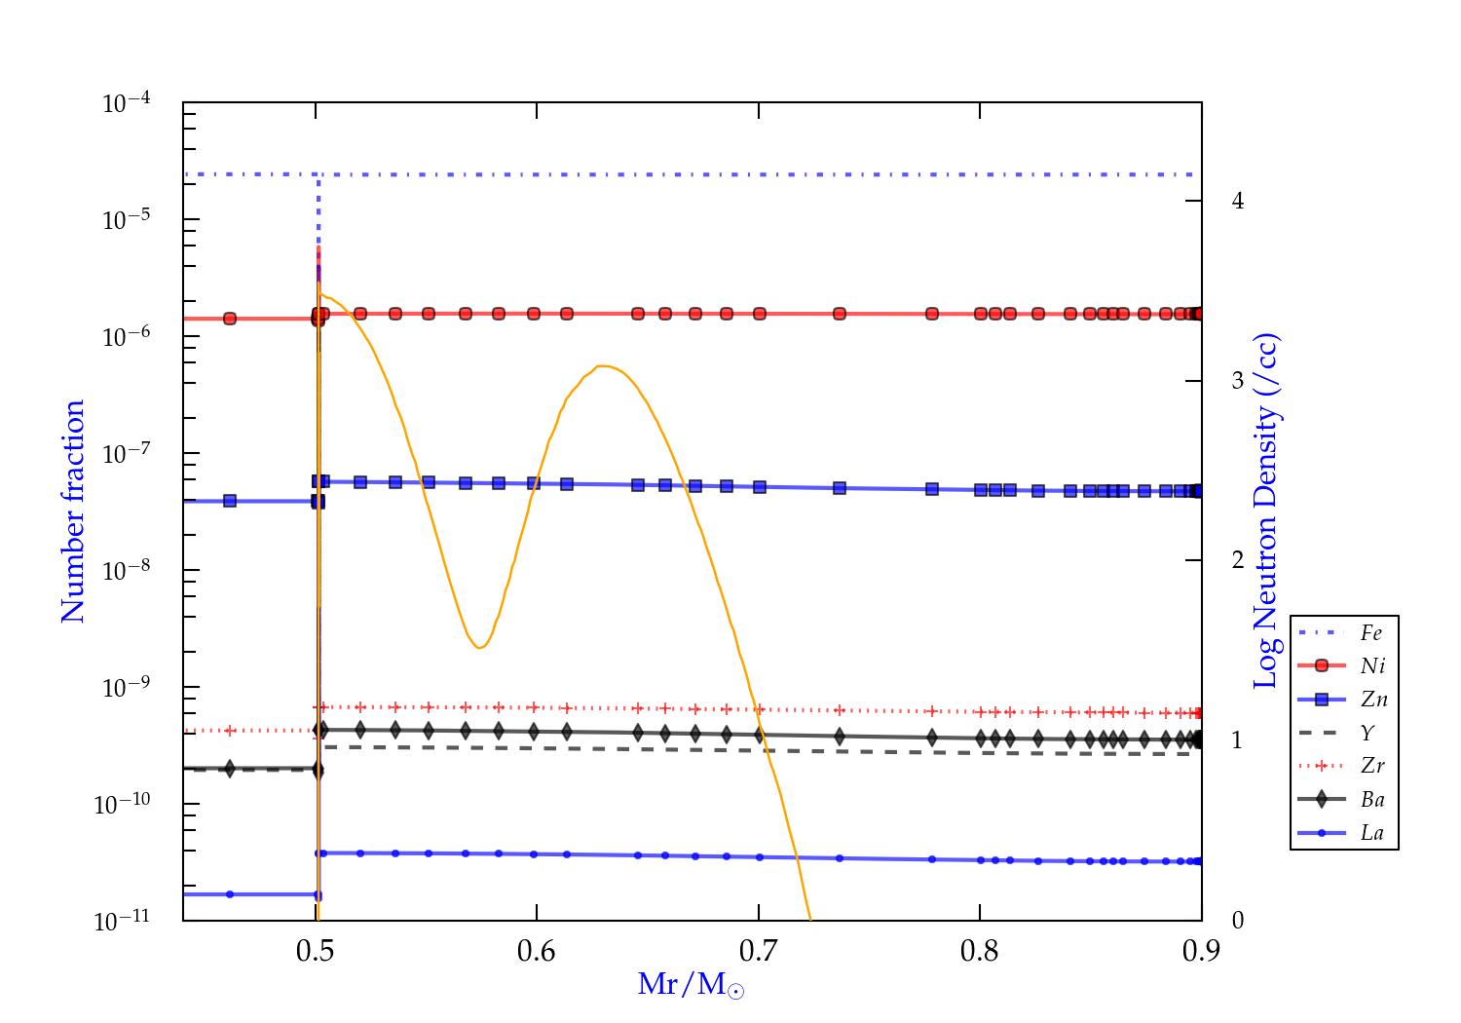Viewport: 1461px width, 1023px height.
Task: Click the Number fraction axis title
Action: [73, 511]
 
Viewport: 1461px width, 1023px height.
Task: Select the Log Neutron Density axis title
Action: [1266, 511]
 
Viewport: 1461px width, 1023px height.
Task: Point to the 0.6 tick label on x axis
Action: [537, 951]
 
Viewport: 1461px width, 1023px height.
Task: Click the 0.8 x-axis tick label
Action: [980, 951]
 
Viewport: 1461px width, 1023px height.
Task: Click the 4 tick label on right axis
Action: [1238, 201]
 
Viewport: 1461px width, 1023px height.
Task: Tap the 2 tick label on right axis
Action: [1238, 560]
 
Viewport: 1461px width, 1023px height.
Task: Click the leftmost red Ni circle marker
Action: [230, 319]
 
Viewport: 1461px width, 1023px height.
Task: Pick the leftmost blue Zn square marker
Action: [230, 501]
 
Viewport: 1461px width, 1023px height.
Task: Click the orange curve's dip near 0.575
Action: [479, 648]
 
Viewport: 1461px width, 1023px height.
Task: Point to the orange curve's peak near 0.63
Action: [602, 366]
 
